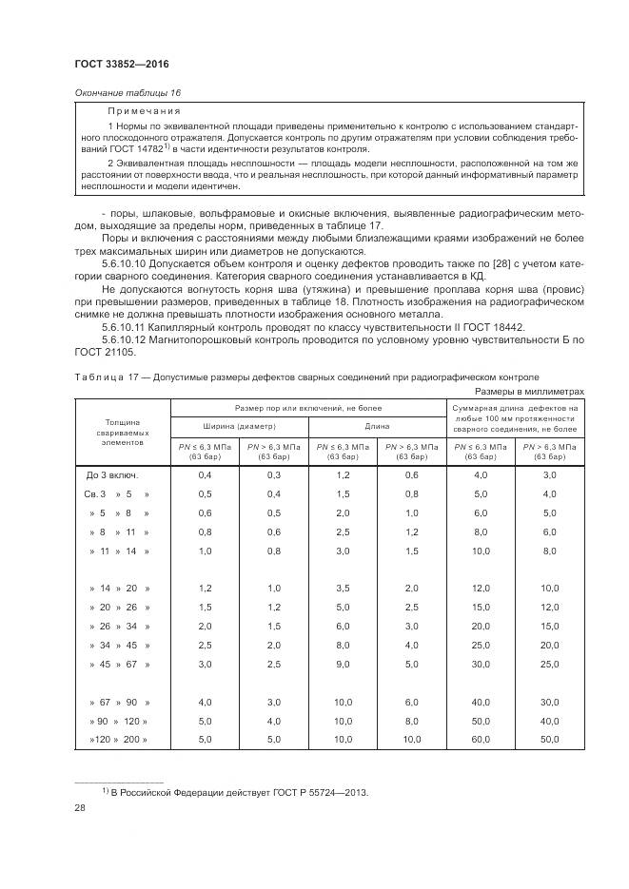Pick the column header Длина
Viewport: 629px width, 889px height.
pyautogui.click(x=377, y=425)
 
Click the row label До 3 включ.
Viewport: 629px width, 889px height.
pyautogui.click(x=113, y=473)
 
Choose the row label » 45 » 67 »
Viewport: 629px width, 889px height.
pyautogui.click(x=118, y=663)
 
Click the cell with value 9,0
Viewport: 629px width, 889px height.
pyautogui.click(x=343, y=663)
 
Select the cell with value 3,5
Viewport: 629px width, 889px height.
pyautogui.click(x=343, y=589)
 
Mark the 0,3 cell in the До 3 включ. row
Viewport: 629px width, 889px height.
pyautogui.click(x=274, y=473)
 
